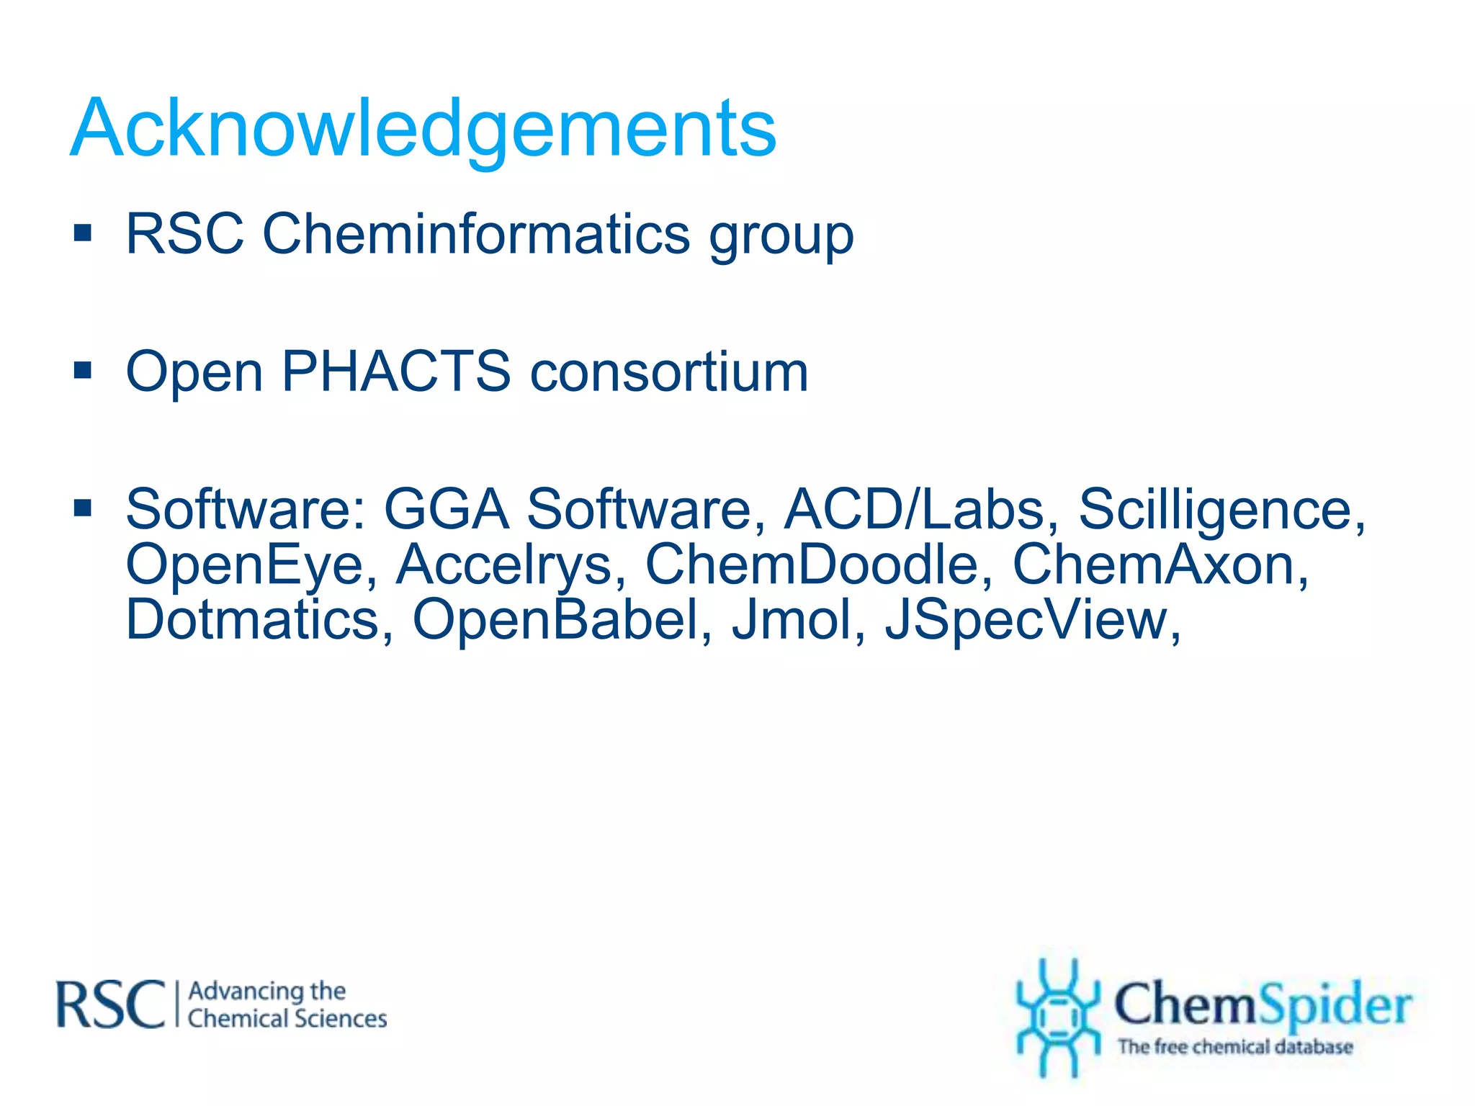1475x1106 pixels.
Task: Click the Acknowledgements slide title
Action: [x=423, y=128]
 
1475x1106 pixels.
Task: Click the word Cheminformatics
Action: [x=476, y=235]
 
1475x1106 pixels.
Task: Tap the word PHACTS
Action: [x=395, y=372]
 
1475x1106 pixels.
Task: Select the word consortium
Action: [x=669, y=372]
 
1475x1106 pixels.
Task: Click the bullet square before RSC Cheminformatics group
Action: [x=83, y=233]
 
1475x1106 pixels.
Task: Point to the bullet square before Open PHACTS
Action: [x=83, y=371]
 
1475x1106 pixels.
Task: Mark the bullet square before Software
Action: [x=83, y=508]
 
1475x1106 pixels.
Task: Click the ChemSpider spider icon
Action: [x=1057, y=1017]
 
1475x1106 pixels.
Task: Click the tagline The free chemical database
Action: [x=1234, y=1047]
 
